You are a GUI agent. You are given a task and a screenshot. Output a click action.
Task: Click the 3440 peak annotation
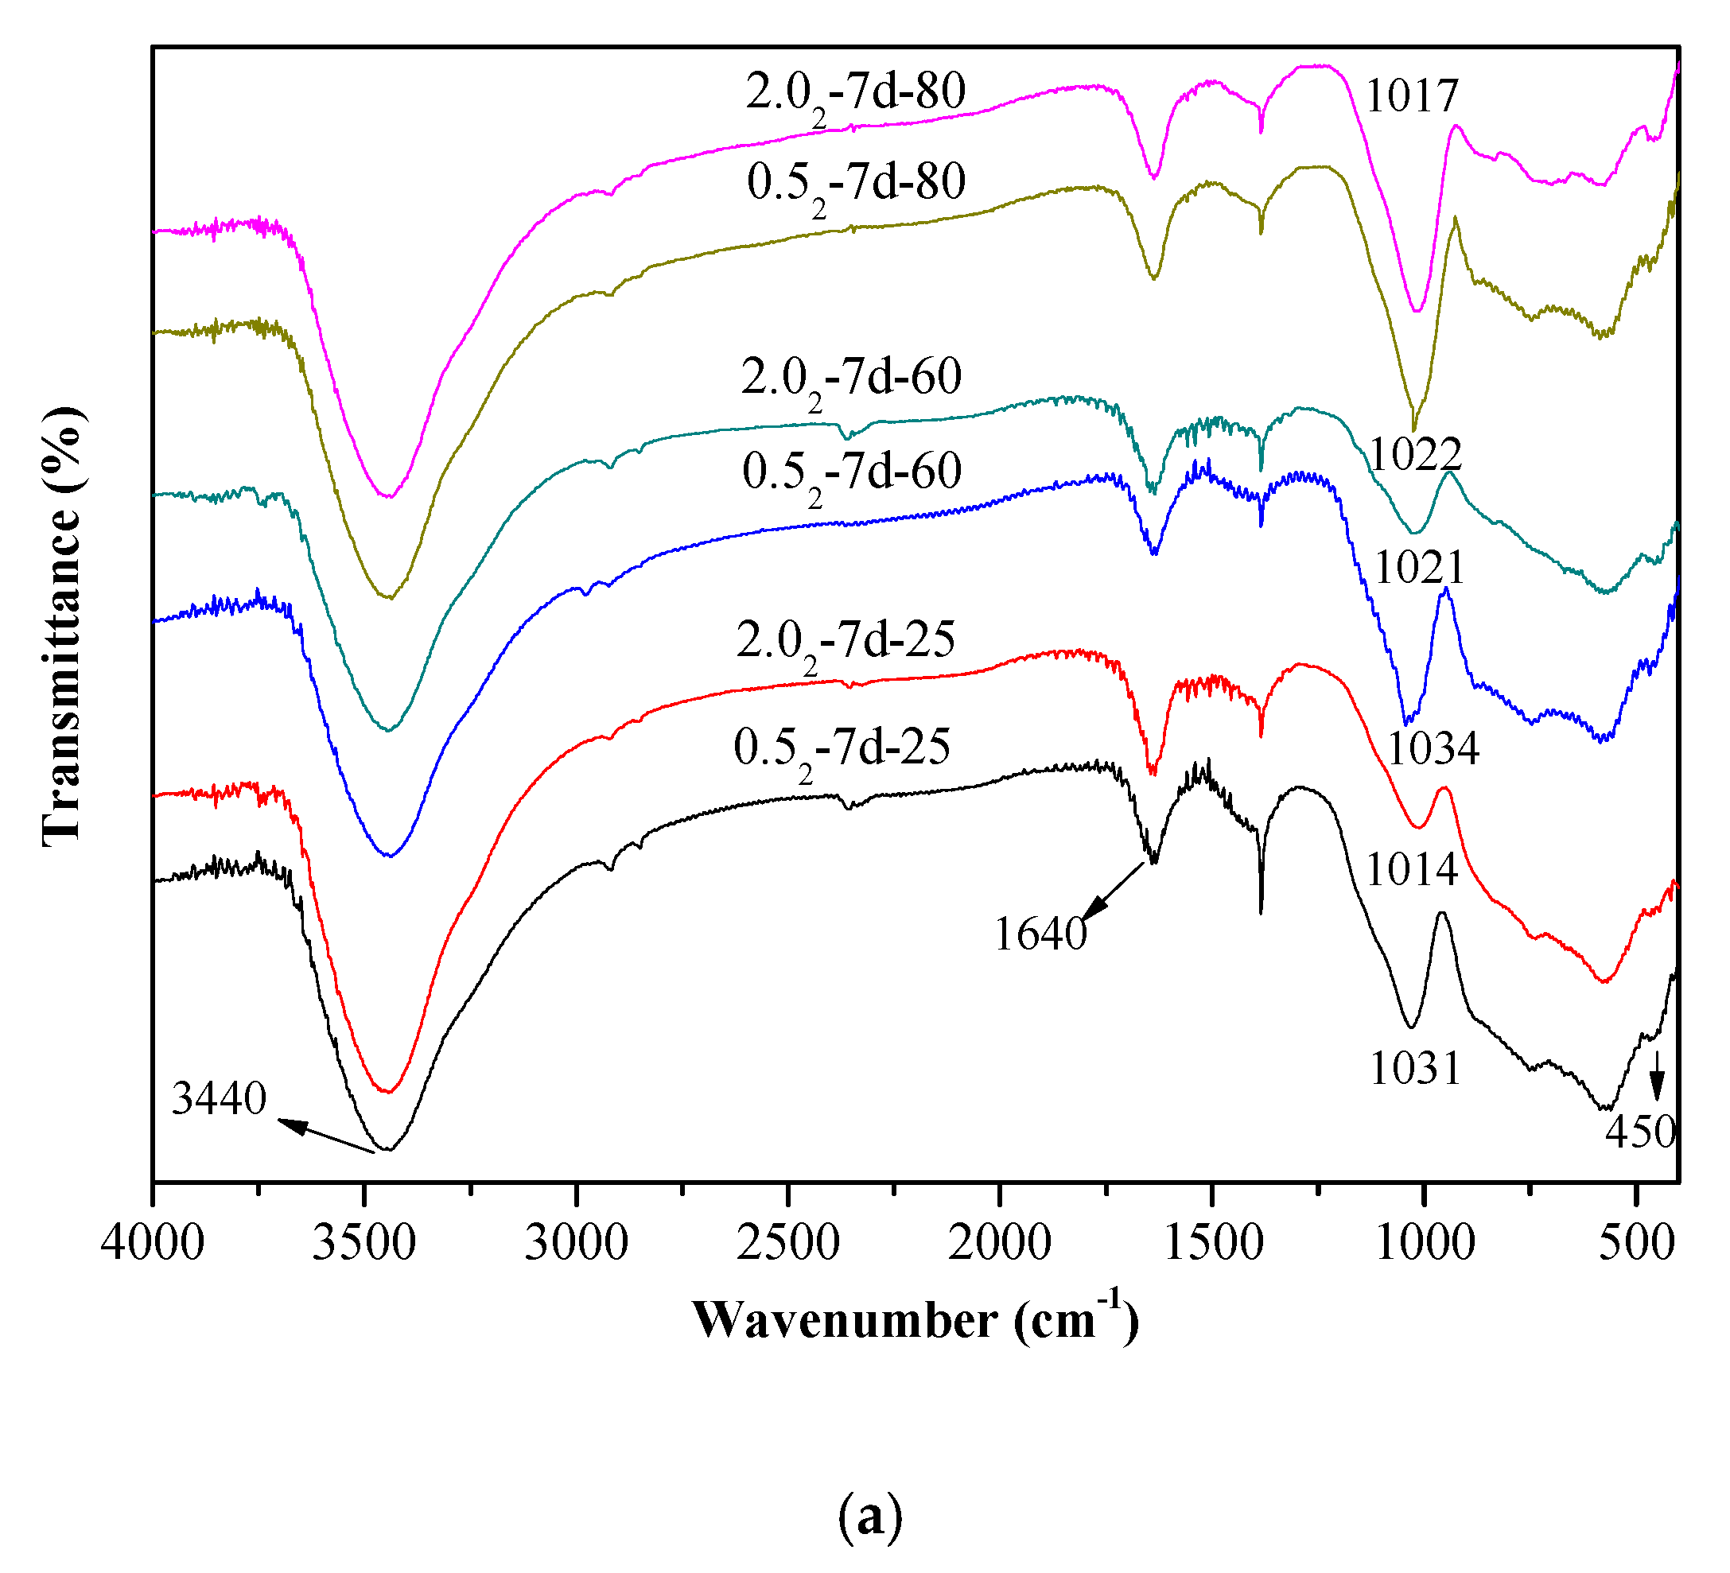tap(219, 1099)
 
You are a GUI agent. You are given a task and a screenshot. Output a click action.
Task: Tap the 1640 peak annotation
tap(1040, 934)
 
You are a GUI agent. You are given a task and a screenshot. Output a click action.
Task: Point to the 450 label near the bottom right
tap(1640, 1132)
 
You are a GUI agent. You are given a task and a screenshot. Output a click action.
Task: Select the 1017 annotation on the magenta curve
tap(1412, 96)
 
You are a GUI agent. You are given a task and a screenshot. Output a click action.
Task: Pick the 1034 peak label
tap(1433, 749)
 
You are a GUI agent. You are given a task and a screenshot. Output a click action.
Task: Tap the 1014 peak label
tap(1412, 870)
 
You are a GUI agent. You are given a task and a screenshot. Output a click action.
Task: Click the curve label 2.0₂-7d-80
tap(856, 95)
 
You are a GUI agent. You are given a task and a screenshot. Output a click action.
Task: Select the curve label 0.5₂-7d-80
tap(856, 184)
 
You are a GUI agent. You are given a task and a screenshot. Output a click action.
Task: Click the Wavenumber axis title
tap(915, 1322)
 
